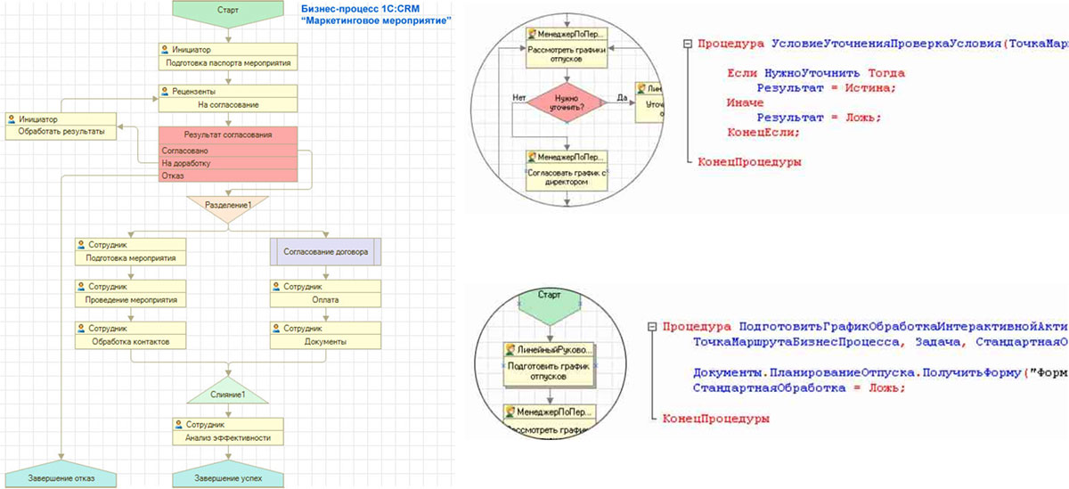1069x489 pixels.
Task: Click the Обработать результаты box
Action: (x=61, y=132)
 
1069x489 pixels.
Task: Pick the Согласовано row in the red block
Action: (x=228, y=151)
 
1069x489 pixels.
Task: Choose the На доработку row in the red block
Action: (x=228, y=164)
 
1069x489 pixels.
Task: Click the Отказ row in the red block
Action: (x=228, y=175)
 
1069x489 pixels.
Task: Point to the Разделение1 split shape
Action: (x=228, y=204)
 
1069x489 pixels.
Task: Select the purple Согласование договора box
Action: (x=325, y=251)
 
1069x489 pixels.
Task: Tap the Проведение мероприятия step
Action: (x=131, y=300)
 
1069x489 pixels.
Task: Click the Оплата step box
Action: (x=325, y=300)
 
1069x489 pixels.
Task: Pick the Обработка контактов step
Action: (x=131, y=341)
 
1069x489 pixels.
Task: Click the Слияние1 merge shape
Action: (x=228, y=393)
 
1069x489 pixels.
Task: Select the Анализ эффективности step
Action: (x=228, y=437)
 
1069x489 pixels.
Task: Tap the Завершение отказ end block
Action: (x=61, y=477)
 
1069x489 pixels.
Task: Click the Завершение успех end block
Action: (x=228, y=477)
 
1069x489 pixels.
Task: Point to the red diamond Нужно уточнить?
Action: (x=567, y=102)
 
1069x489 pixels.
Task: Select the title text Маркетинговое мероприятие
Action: (x=374, y=20)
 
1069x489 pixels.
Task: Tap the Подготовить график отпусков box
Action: (x=550, y=372)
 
